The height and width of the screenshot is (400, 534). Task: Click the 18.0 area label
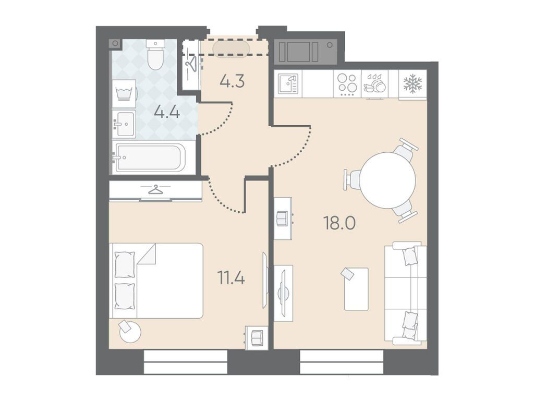click(340, 224)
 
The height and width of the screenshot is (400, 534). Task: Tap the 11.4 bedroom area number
click(231, 277)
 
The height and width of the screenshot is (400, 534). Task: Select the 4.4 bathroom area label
click(166, 112)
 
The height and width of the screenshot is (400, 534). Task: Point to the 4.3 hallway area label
click(232, 81)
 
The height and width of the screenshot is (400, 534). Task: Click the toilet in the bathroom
click(155, 55)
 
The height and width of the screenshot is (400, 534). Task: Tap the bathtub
click(151, 157)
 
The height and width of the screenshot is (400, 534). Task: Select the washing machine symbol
click(124, 93)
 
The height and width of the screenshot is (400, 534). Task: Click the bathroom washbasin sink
click(124, 124)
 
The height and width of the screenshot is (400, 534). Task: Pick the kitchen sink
click(288, 83)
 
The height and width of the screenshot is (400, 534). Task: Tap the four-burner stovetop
click(347, 83)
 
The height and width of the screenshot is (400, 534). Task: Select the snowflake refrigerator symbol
click(412, 83)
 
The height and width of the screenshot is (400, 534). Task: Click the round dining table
click(387, 180)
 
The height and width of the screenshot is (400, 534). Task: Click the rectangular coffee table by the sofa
click(356, 289)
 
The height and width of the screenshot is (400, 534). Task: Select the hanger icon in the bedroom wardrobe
click(155, 189)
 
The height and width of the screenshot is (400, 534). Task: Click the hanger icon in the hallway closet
click(191, 64)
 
